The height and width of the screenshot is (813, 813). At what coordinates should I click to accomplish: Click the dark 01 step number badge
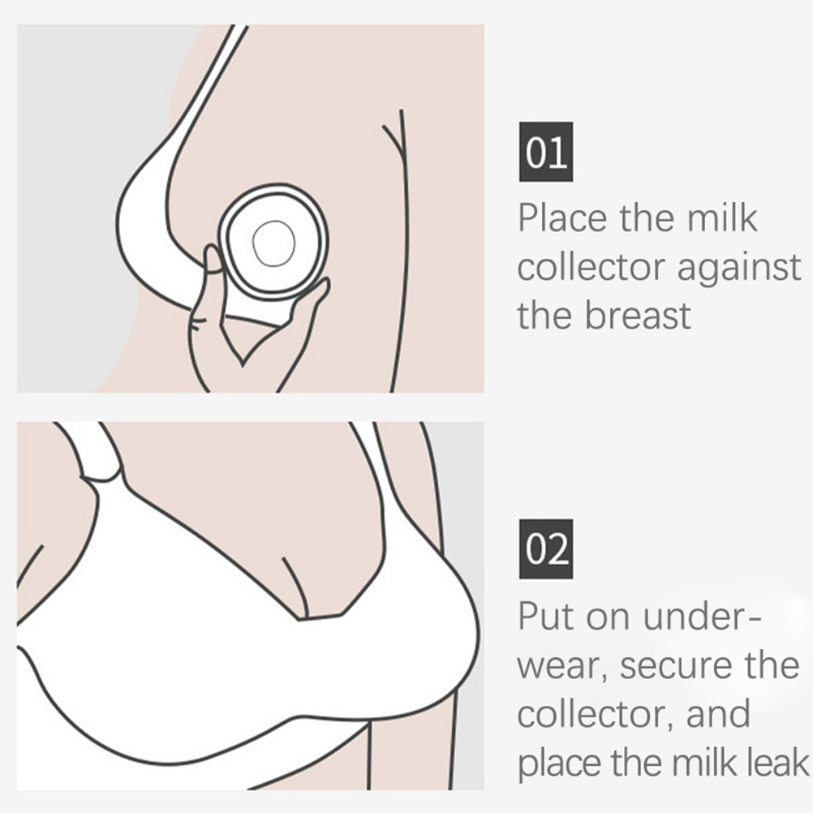pyautogui.click(x=546, y=152)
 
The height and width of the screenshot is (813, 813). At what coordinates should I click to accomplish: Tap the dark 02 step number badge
pyautogui.click(x=546, y=548)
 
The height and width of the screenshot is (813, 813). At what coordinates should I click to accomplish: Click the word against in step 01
pyautogui.click(x=739, y=267)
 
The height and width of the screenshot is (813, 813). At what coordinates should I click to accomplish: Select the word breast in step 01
pyautogui.click(x=639, y=315)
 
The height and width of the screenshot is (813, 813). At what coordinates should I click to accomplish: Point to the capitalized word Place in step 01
pyautogui.click(x=562, y=217)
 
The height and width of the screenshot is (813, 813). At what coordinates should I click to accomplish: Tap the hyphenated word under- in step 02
pyautogui.click(x=703, y=616)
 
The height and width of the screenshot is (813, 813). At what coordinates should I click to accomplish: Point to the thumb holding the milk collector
pyautogui.click(x=213, y=260)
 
